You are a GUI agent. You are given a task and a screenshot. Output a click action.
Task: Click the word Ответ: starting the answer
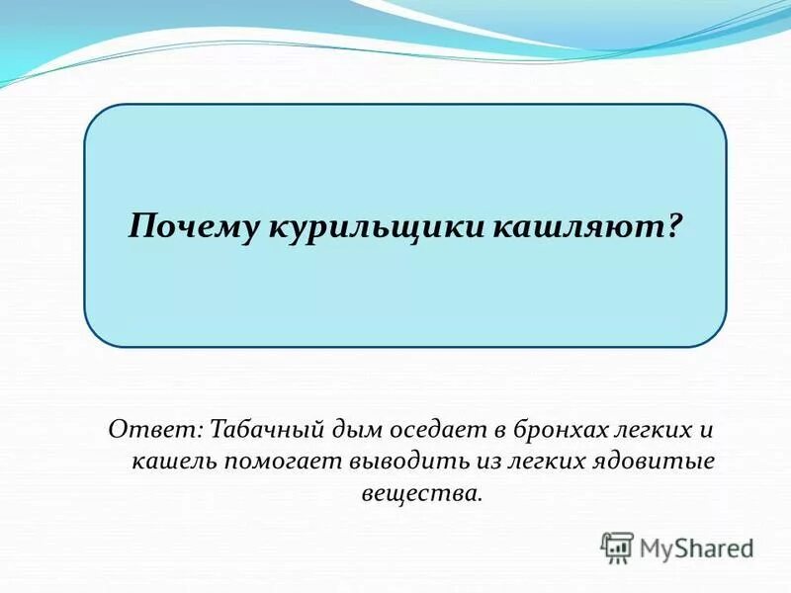click(x=155, y=432)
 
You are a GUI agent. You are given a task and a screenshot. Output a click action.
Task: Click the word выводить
click(x=397, y=462)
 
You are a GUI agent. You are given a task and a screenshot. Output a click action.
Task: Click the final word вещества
click(x=422, y=491)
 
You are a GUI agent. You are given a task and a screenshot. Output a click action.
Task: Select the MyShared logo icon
click(x=617, y=547)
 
